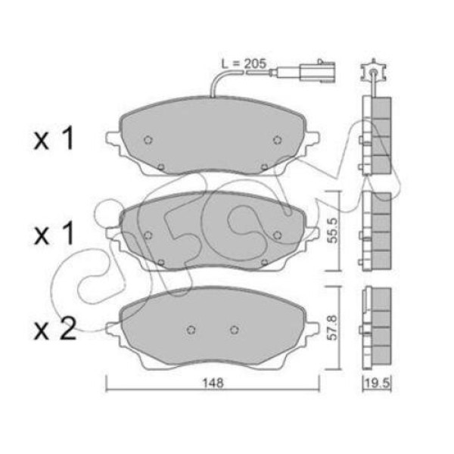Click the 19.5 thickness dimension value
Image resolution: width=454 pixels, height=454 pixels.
click(x=376, y=384)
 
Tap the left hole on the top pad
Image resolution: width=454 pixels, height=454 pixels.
click(x=148, y=140)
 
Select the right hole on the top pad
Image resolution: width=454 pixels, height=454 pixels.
click(x=277, y=140)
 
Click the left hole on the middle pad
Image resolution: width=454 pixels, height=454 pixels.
click(x=148, y=235)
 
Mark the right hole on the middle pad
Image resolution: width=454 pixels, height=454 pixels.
click(x=277, y=235)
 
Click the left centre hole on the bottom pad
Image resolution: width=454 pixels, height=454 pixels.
click(x=191, y=329)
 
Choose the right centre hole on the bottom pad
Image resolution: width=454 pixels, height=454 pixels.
click(x=234, y=329)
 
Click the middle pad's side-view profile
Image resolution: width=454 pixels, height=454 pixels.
click(x=376, y=229)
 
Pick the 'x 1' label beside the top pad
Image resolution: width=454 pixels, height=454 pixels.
click(x=54, y=141)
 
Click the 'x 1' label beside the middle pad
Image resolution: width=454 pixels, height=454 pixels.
click(x=54, y=235)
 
